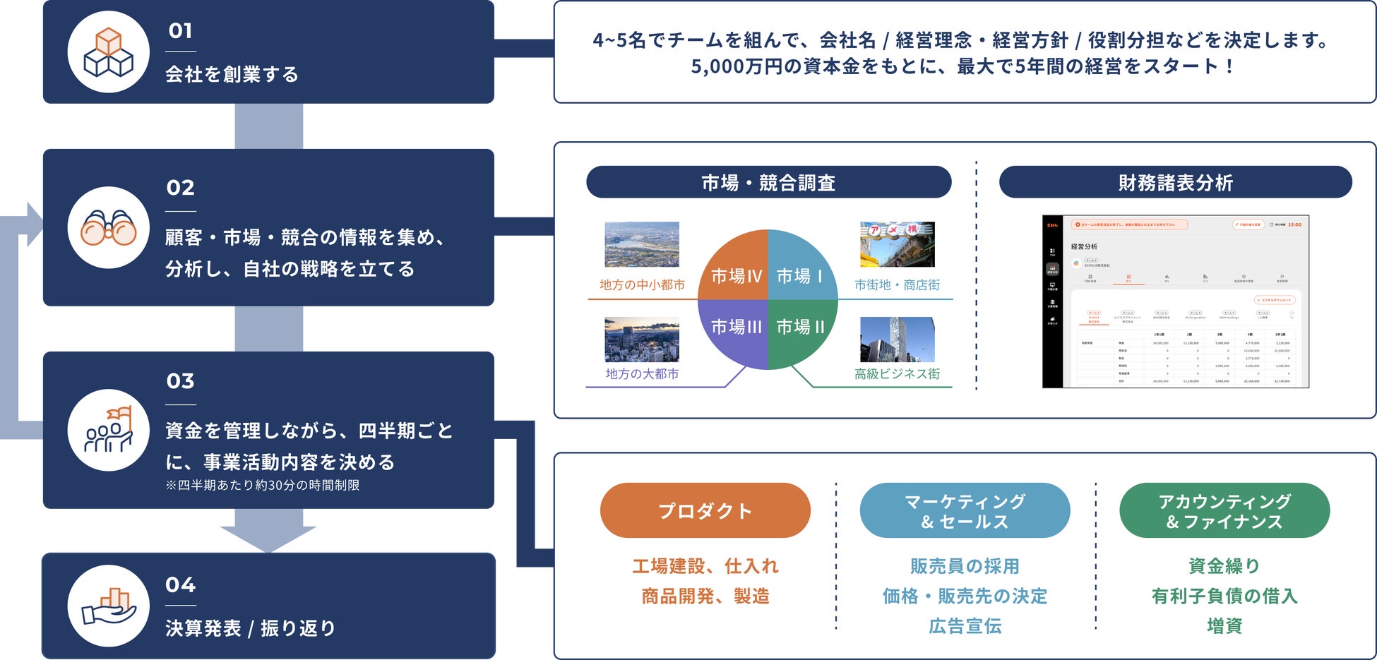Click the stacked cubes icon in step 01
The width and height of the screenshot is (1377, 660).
pyautogui.click(x=108, y=52)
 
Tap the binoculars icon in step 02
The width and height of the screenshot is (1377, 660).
pyautogui.click(x=108, y=227)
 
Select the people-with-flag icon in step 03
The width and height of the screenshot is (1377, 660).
pyautogui.click(x=108, y=430)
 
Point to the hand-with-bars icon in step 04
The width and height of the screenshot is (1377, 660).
pyautogui.click(x=108, y=606)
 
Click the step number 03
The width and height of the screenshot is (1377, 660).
pyautogui.click(x=180, y=381)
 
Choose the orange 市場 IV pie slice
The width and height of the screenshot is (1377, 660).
pyautogui.click(x=734, y=272)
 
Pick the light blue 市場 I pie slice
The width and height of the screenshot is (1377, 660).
pyautogui.click(x=800, y=272)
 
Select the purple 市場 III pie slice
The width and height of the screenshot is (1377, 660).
pyautogui.click(x=734, y=329)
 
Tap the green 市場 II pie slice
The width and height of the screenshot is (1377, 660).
pyautogui.click(x=800, y=329)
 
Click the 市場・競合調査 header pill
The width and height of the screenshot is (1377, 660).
pyautogui.click(x=768, y=183)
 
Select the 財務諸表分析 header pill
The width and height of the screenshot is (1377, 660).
pyautogui.click(x=1175, y=183)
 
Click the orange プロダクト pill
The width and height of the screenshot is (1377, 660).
pyautogui.click(x=705, y=510)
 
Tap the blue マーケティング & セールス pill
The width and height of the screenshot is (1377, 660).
pyautogui.click(x=965, y=510)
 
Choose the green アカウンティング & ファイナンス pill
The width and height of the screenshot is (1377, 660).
pyautogui.click(x=1224, y=510)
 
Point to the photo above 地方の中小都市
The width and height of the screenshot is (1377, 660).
pyautogui.click(x=641, y=244)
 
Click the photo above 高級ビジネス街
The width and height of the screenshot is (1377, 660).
pyautogui.click(x=897, y=340)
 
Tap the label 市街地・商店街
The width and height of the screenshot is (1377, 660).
pyautogui.click(x=897, y=285)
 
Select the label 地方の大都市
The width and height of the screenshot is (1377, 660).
pyautogui.click(x=642, y=374)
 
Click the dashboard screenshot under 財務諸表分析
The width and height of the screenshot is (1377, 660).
pyautogui.click(x=1175, y=301)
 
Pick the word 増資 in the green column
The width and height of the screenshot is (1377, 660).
pyautogui.click(x=1224, y=625)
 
